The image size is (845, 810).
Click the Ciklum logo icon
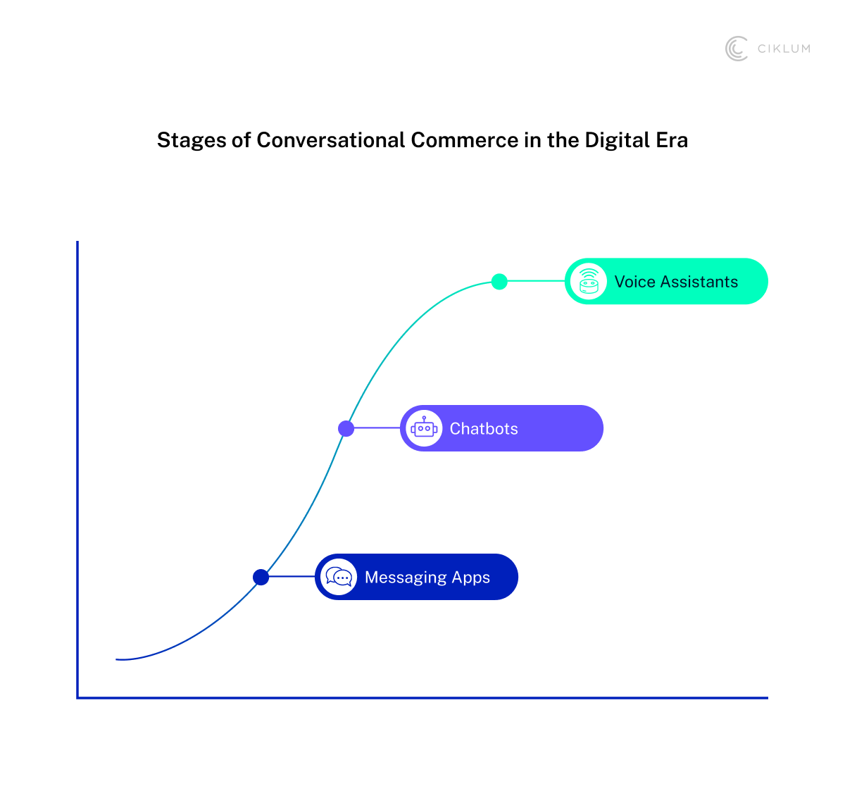point(737,49)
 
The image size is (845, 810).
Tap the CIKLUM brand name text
point(784,49)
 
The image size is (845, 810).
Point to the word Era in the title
point(672,140)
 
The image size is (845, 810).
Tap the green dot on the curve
point(499,282)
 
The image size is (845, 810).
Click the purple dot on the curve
point(346,428)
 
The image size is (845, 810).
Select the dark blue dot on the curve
point(261,577)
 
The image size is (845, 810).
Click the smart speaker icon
point(589,282)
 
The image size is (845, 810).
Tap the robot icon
point(424,428)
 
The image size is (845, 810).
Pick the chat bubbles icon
point(339,577)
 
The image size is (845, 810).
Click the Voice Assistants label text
point(676,282)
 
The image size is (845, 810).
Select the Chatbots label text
point(484,428)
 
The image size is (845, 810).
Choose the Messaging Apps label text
point(427,578)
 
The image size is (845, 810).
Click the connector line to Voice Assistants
point(535,281)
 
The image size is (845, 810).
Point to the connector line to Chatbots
point(377,428)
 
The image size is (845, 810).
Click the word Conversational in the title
point(331,140)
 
